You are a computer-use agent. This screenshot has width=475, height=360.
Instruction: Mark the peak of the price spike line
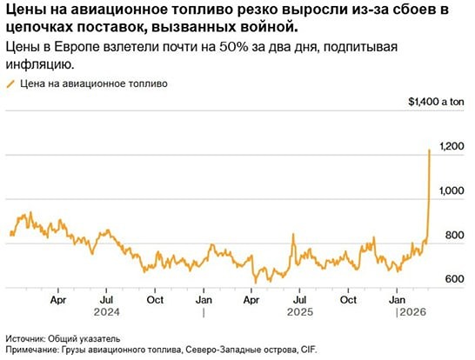430,150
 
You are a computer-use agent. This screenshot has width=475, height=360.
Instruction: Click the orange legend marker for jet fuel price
10,84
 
